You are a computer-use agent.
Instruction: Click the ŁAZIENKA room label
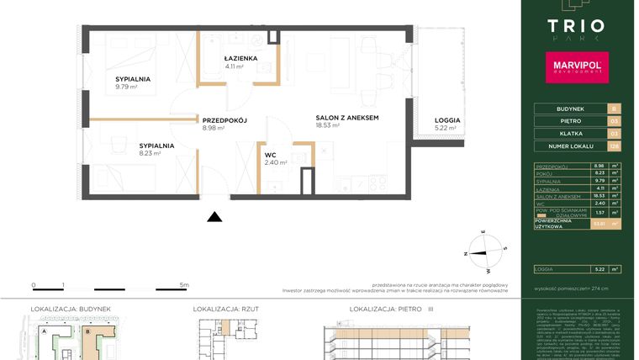coord(240,58)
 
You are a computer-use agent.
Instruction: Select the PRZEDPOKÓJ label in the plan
coord(224,120)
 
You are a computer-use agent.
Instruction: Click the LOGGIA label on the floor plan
coord(447,120)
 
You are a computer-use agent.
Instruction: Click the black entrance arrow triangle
coord(215,217)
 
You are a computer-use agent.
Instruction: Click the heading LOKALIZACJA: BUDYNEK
coord(71,310)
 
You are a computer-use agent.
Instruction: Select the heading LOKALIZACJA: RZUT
coord(226,310)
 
